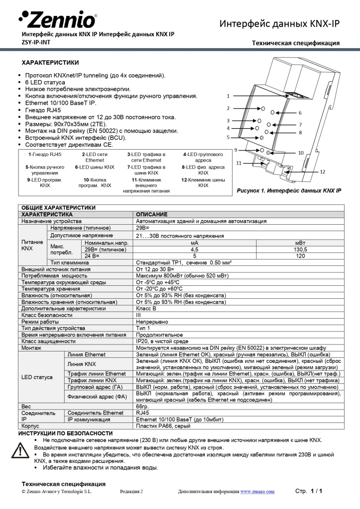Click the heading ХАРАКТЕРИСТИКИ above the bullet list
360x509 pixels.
click(x=50, y=63)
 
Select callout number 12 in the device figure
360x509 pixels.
click(x=322, y=171)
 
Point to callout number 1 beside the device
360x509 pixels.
click(x=228, y=95)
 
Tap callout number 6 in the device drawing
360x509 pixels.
click(x=300, y=113)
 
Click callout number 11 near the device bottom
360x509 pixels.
click(x=239, y=163)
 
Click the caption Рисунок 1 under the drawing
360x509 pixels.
click(x=288, y=190)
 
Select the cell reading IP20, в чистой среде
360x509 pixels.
click(x=162, y=341)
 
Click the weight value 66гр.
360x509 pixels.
click(x=143, y=406)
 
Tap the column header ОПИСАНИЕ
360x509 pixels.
click(x=152, y=214)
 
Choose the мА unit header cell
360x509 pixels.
click(x=194, y=243)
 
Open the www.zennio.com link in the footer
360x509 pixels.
click(x=257, y=492)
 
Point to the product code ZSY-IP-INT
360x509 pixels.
click(x=35, y=42)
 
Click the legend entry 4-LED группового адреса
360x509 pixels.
click(x=203, y=158)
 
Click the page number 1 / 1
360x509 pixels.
click(x=316, y=491)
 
